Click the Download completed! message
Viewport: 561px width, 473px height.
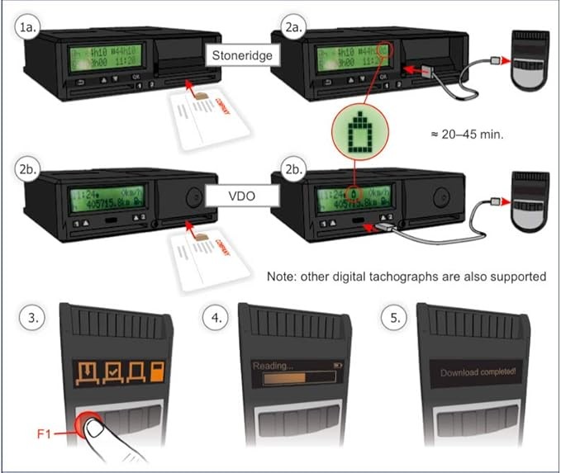click(478, 372)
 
